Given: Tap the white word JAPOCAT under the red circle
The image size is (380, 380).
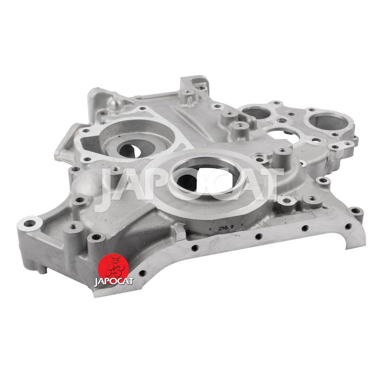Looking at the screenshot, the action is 114,281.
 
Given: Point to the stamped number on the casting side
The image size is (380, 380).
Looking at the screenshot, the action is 225,228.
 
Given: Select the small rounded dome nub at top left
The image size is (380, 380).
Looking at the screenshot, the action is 116,103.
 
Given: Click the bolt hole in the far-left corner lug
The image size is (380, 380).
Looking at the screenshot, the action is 29,223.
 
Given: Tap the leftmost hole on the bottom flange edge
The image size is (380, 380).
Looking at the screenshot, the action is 142,274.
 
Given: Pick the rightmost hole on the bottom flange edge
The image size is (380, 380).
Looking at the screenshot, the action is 348,226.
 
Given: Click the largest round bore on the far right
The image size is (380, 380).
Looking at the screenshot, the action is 329,123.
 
